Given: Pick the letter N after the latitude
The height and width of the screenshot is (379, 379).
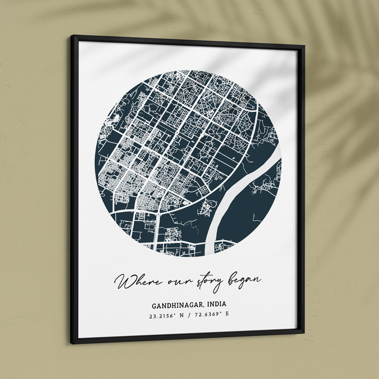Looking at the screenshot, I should coord(182,314).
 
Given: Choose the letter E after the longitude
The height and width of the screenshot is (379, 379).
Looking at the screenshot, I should coord(227,314).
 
